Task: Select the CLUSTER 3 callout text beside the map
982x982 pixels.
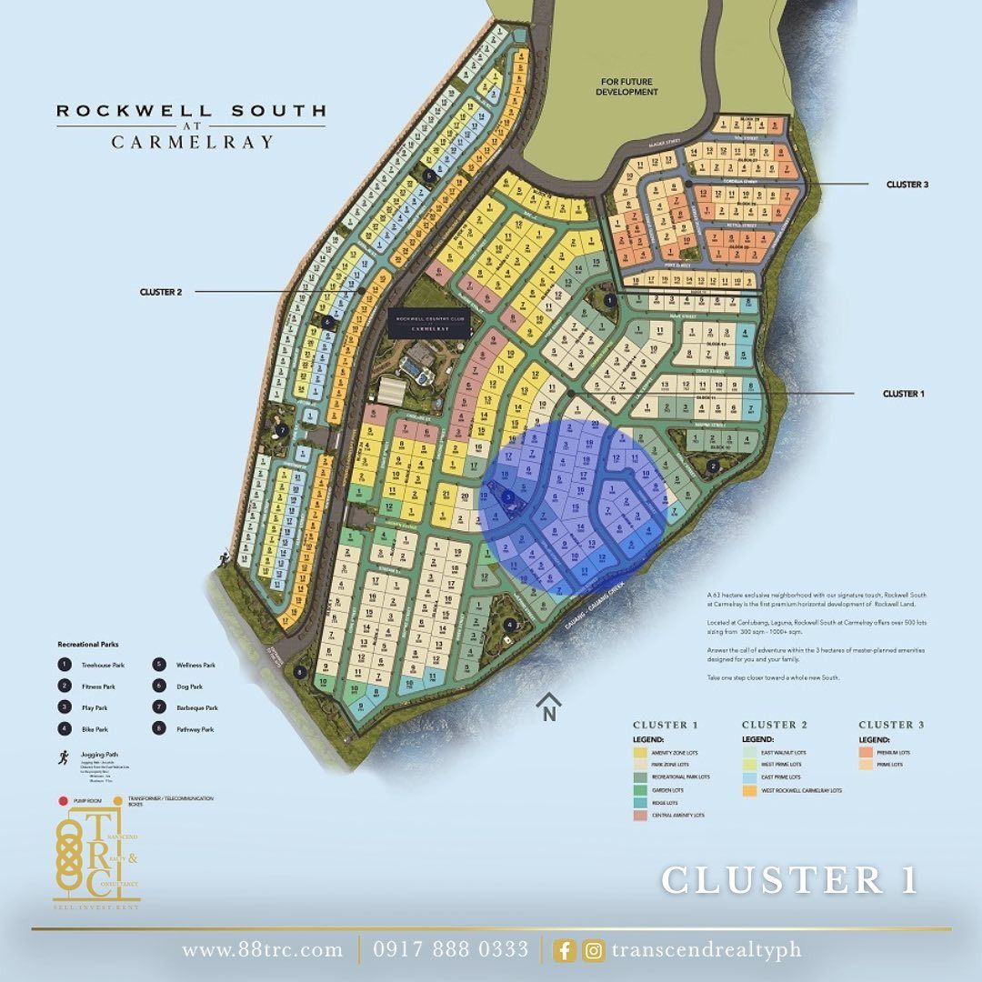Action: point(907,185)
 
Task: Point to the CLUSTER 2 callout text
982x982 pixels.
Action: point(161,292)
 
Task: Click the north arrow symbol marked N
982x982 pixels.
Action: point(548,707)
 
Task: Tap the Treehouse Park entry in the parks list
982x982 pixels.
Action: point(102,665)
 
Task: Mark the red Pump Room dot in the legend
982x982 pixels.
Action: point(63,801)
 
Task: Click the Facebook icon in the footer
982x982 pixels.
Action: point(565,950)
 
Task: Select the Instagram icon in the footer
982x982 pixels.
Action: point(594,950)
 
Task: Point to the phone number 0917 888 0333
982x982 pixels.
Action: point(450,950)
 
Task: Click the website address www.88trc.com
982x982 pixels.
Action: point(263,950)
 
